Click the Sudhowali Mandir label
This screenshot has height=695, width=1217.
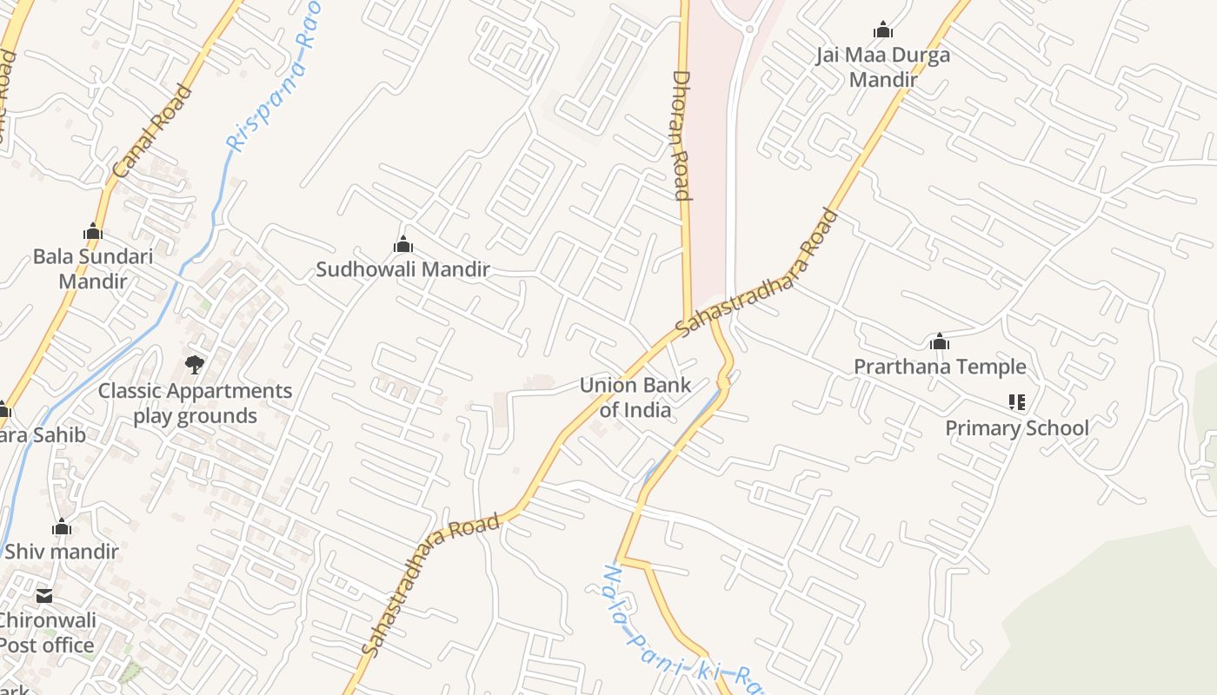click(402, 269)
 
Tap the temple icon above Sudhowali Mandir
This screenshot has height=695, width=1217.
click(402, 245)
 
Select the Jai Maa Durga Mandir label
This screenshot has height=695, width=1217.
click(883, 68)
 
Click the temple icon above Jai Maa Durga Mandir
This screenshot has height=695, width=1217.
click(883, 30)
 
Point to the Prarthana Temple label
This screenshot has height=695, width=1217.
click(940, 367)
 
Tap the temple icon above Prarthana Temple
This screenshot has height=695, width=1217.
click(939, 341)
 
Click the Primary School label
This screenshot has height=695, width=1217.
click(1016, 427)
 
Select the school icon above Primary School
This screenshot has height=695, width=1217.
click(1016, 402)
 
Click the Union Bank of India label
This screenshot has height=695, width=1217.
click(635, 397)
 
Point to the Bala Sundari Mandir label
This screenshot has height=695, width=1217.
click(92, 268)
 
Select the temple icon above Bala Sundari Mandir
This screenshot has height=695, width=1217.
click(93, 232)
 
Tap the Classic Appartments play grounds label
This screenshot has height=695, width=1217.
click(195, 403)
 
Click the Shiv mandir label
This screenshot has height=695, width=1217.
click(62, 551)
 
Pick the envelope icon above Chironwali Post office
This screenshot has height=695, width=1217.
click(44, 596)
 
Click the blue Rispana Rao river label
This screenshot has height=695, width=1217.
click(271, 78)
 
